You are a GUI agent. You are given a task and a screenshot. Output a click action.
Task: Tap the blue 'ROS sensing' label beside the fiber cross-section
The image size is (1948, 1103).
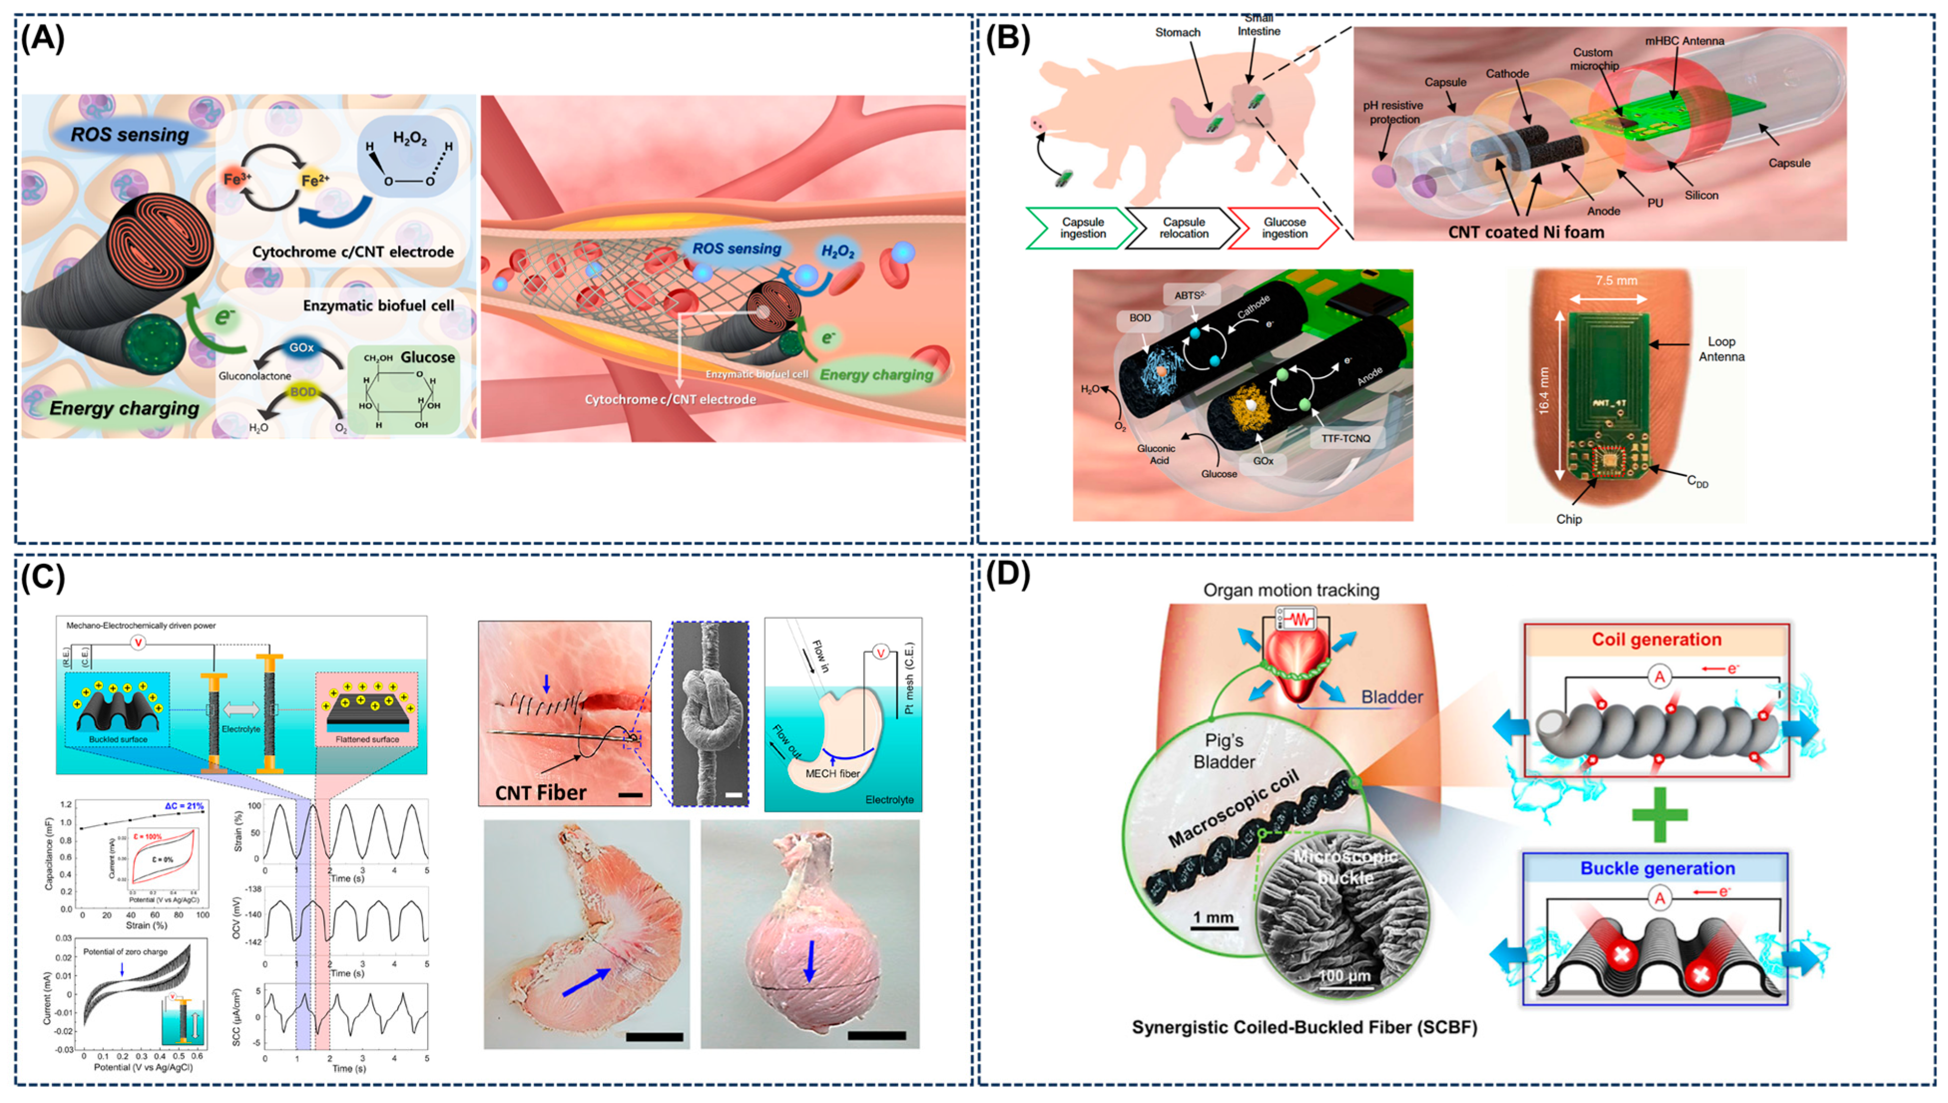point(129,135)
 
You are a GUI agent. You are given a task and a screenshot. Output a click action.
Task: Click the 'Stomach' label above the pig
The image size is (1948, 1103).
point(1178,33)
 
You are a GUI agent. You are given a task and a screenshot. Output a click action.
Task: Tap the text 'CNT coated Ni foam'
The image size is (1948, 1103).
point(1526,232)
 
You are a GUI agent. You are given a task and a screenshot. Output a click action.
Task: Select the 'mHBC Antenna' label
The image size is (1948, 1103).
point(1684,41)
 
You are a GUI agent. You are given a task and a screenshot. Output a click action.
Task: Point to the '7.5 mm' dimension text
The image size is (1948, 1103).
point(1616,280)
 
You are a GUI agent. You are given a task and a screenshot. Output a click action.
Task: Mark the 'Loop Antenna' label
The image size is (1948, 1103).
point(1721,349)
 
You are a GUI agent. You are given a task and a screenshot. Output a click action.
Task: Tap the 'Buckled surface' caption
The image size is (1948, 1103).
point(118,739)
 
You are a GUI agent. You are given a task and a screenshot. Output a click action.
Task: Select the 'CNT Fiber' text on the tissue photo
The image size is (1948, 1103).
point(540,793)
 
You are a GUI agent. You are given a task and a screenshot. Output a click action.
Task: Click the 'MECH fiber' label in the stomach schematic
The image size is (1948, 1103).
point(832,774)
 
